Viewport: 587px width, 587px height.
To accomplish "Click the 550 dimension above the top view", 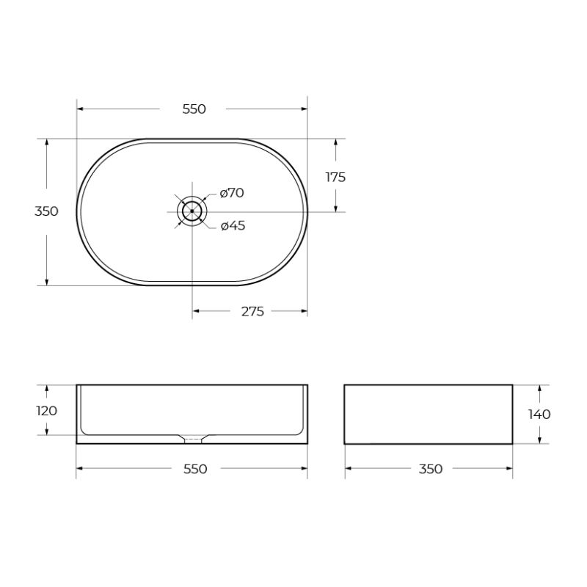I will click(x=194, y=109).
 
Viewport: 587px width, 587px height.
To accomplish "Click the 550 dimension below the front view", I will click(x=194, y=469).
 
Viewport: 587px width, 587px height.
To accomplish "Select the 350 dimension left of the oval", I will click(x=46, y=211).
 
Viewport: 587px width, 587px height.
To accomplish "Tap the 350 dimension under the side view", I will click(x=430, y=469).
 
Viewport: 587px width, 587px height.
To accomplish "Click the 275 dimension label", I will click(x=252, y=312).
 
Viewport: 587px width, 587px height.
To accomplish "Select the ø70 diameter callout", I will click(x=232, y=193).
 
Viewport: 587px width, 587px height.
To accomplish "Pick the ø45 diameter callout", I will click(x=233, y=226).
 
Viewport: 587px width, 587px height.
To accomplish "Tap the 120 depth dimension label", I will click(x=46, y=411).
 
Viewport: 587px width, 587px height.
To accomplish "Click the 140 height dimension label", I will click(x=539, y=415).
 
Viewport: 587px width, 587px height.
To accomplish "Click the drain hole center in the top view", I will click(x=192, y=211).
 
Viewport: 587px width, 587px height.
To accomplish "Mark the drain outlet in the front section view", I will click(x=192, y=440).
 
